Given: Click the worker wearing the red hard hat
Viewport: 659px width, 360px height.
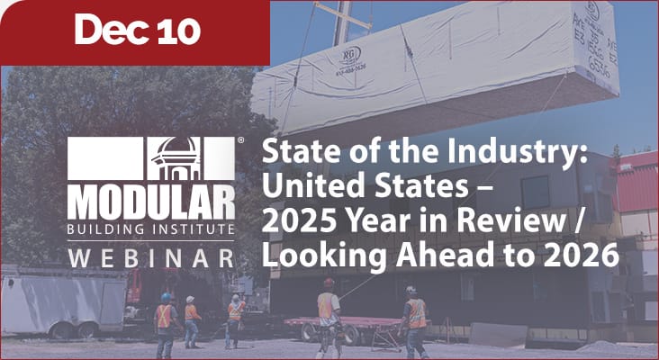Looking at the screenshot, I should coord(329,310).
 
